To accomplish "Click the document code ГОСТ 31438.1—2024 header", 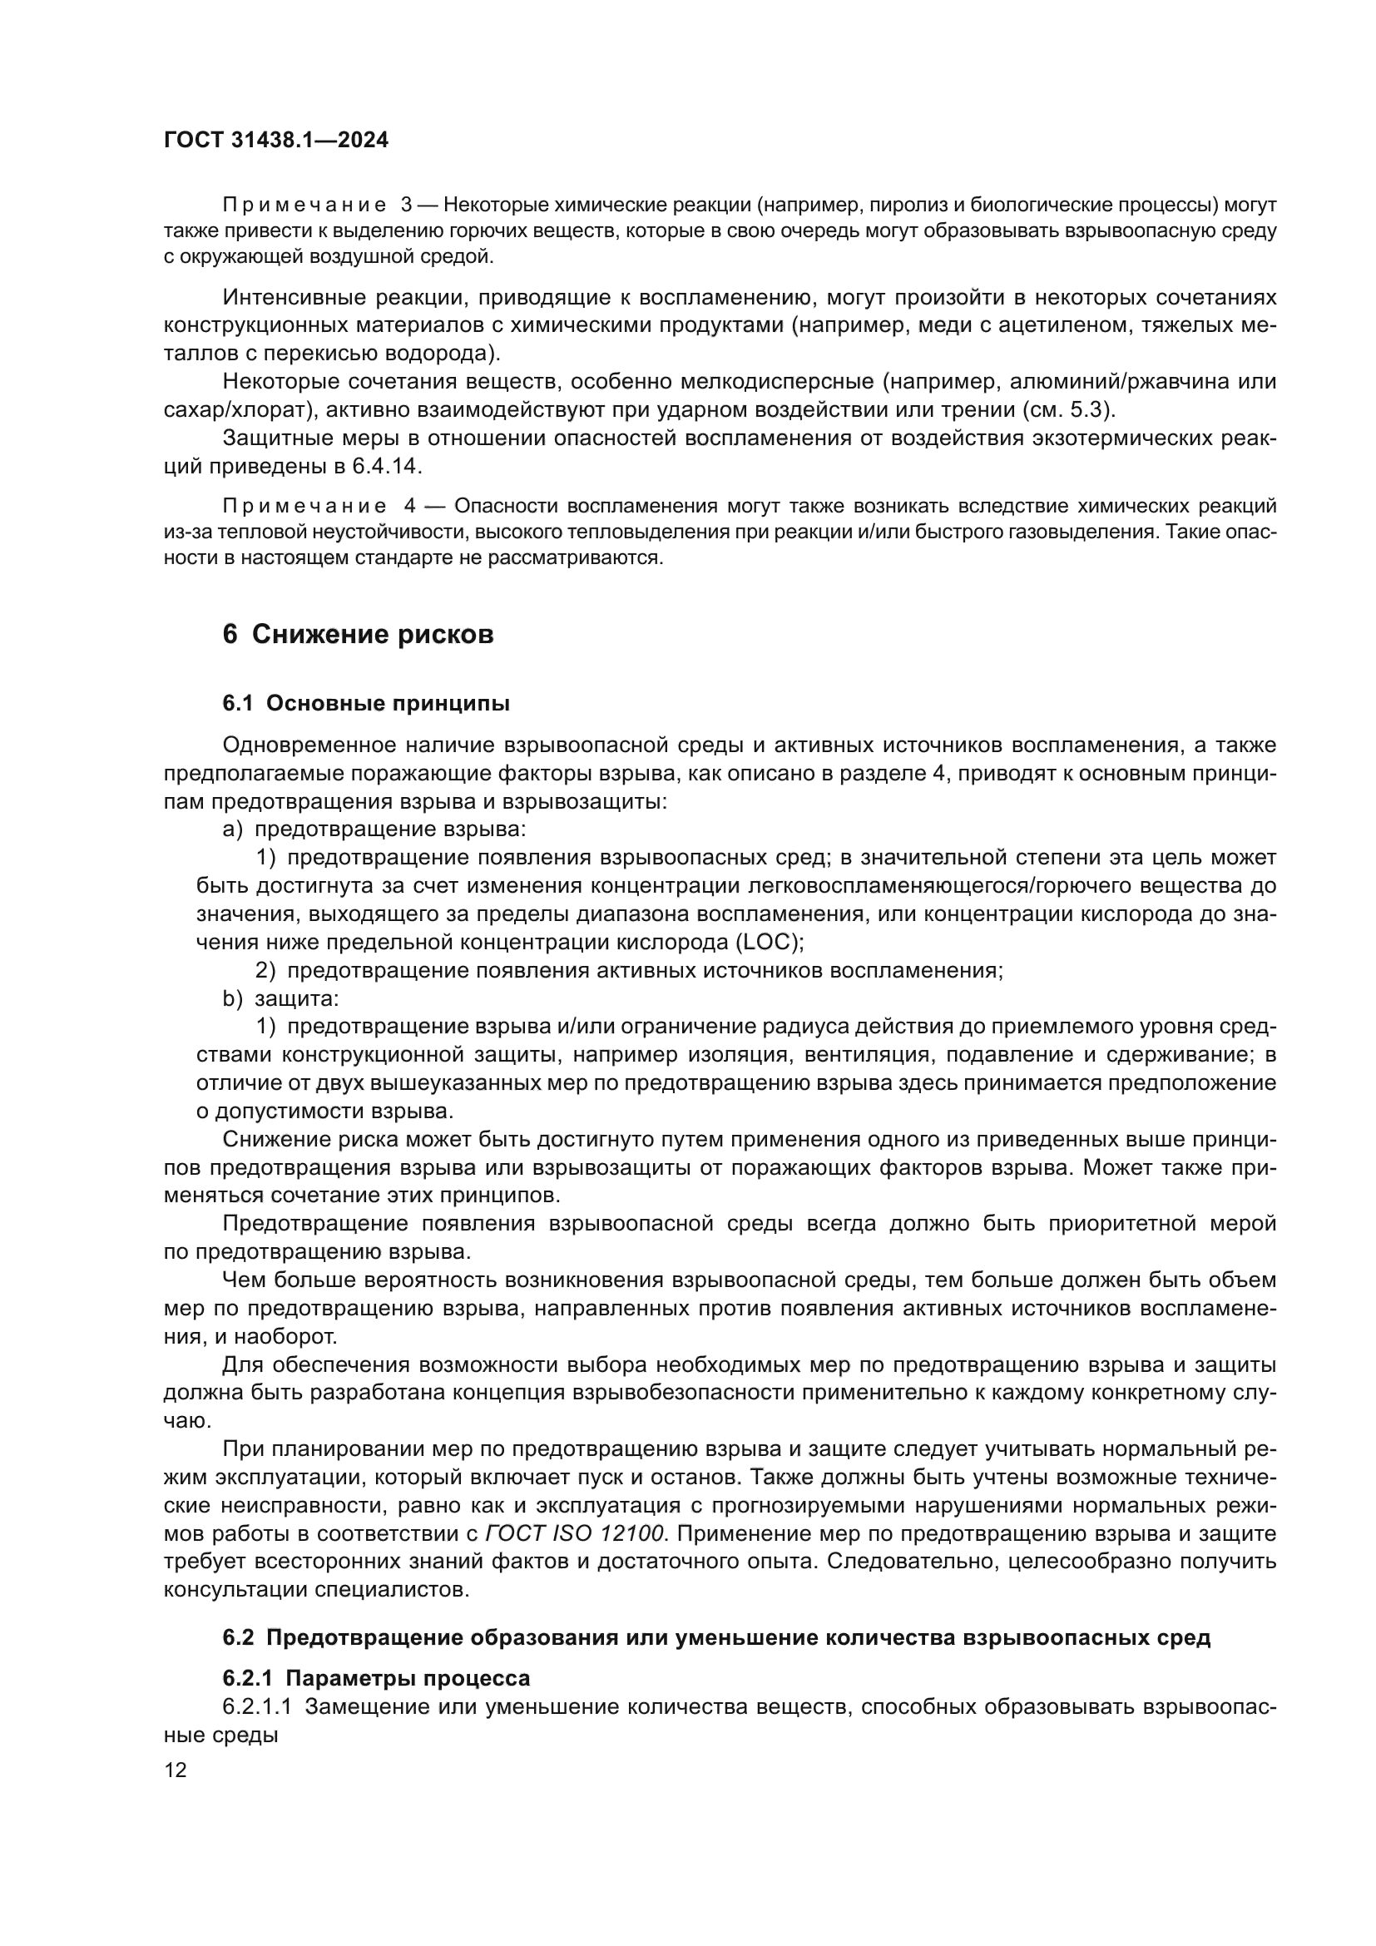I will (x=276, y=141).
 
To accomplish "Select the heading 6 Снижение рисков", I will (x=358, y=634).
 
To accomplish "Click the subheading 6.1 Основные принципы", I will (x=366, y=704).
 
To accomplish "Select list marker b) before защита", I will (x=233, y=998).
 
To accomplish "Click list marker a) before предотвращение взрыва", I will (x=233, y=829).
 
